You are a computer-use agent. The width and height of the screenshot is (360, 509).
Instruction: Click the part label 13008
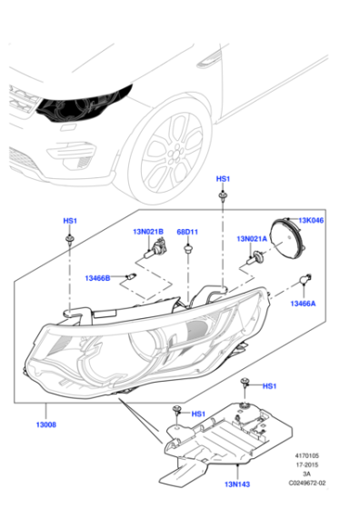(x=45, y=424)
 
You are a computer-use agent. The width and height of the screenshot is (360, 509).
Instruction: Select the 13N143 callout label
(x=237, y=484)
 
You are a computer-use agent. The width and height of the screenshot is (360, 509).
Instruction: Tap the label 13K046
(x=311, y=220)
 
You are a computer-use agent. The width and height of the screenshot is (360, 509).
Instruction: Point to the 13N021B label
(x=148, y=232)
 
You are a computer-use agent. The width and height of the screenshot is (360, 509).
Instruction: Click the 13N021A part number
(x=252, y=239)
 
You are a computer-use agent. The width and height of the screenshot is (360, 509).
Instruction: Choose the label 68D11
(x=187, y=232)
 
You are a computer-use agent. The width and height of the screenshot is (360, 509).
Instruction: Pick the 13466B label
(x=97, y=278)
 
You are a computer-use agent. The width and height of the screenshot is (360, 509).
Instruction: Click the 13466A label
(x=303, y=304)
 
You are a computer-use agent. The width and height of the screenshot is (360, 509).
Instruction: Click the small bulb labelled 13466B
(x=132, y=277)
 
